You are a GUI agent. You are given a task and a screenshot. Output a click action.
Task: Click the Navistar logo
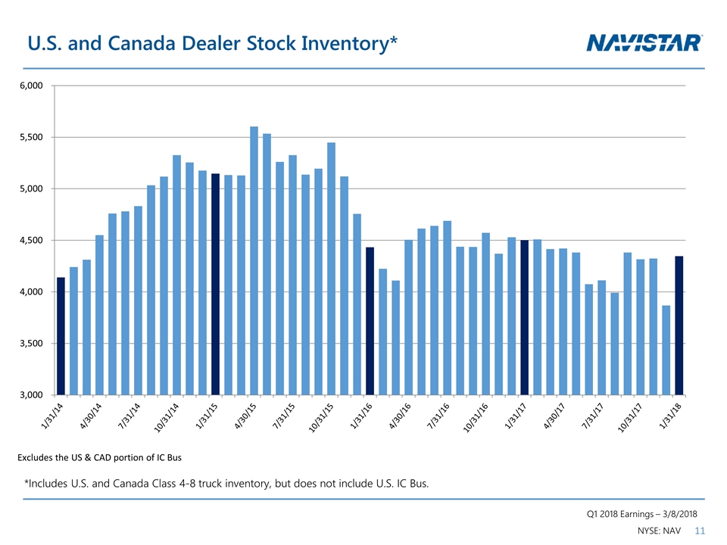coord(645,42)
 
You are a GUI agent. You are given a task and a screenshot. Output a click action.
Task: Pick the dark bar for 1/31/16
coord(370,321)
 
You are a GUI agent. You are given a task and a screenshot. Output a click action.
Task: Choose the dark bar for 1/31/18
coord(679,325)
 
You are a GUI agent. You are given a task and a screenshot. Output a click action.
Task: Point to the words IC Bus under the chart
coord(166,458)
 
